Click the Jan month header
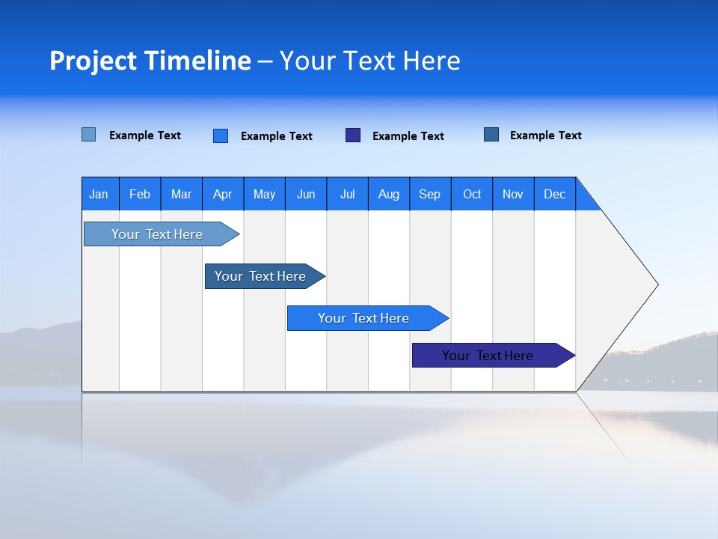[x=99, y=194]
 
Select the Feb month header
[x=140, y=194]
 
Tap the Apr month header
[x=222, y=194]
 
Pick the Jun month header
[x=305, y=194]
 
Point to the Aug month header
[x=388, y=194]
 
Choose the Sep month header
[x=429, y=194]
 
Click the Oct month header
[x=471, y=194]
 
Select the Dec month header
[x=554, y=194]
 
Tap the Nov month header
[x=512, y=194]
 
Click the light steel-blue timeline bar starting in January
[x=157, y=234]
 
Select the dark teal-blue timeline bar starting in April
[x=260, y=276]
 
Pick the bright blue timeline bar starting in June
[x=363, y=318]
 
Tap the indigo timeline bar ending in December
[x=488, y=356]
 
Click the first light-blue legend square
[x=89, y=135]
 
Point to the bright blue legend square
[x=221, y=135]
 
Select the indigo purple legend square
[x=353, y=135]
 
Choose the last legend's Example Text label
[x=545, y=135]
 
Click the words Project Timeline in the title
[x=150, y=61]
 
